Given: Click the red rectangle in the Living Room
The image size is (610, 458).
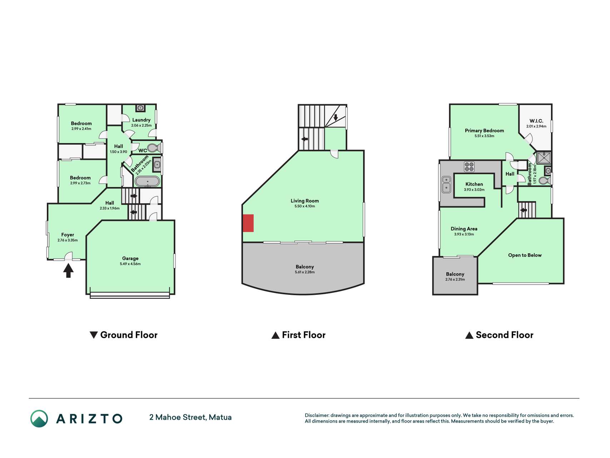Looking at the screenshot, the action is (248, 223).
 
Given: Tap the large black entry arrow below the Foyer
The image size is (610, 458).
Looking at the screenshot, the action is (68, 270).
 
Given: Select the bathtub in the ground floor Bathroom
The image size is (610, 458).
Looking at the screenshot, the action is (147, 181).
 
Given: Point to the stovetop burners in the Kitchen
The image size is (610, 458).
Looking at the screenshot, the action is (469, 166).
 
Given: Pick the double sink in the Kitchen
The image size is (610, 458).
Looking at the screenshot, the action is (446, 184).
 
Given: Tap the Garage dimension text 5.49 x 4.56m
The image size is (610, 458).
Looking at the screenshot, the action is (130, 264).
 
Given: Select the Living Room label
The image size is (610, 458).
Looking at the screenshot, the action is (304, 201).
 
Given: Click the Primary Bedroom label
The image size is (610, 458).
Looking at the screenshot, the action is (484, 131).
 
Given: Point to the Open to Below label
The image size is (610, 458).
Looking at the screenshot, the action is (525, 255).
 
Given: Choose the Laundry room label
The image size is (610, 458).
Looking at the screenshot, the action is (141, 120).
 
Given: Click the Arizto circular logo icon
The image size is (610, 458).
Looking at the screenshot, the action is (39, 418).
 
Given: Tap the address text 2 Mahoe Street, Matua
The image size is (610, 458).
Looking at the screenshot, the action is (190, 417).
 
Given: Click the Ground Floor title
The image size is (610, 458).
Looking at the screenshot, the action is (129, 335).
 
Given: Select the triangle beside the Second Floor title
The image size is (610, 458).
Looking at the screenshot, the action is (469, 335).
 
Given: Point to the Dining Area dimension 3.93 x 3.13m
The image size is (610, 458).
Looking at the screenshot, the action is (464, 234).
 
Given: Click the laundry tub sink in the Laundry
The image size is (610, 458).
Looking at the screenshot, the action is (140, 108).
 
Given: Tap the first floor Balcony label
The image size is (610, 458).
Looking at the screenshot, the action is (304, 267).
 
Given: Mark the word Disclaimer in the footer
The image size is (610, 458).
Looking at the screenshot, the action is (317, 415).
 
